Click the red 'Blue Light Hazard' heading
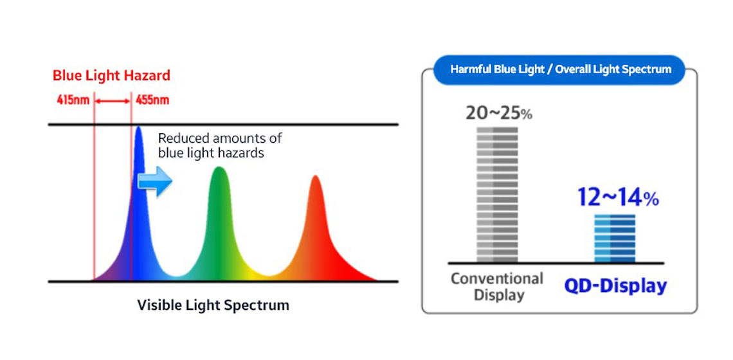pos(111,75)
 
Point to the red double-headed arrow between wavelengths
pos(113,100)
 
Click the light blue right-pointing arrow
pos(156,182)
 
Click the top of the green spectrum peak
pos(219,168)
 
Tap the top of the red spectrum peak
pos(315,177)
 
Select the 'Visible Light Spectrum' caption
pos(213,305)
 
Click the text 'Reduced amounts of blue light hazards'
pos(219,145)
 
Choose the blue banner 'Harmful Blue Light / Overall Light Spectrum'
pos(560,69)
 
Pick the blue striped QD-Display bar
pos(615,238)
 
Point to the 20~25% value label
pos(499,113)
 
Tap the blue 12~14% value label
pos(618,198)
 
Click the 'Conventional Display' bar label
pos(496,287)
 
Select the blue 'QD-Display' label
pos(615,286)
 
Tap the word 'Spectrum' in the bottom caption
pos(260,305)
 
